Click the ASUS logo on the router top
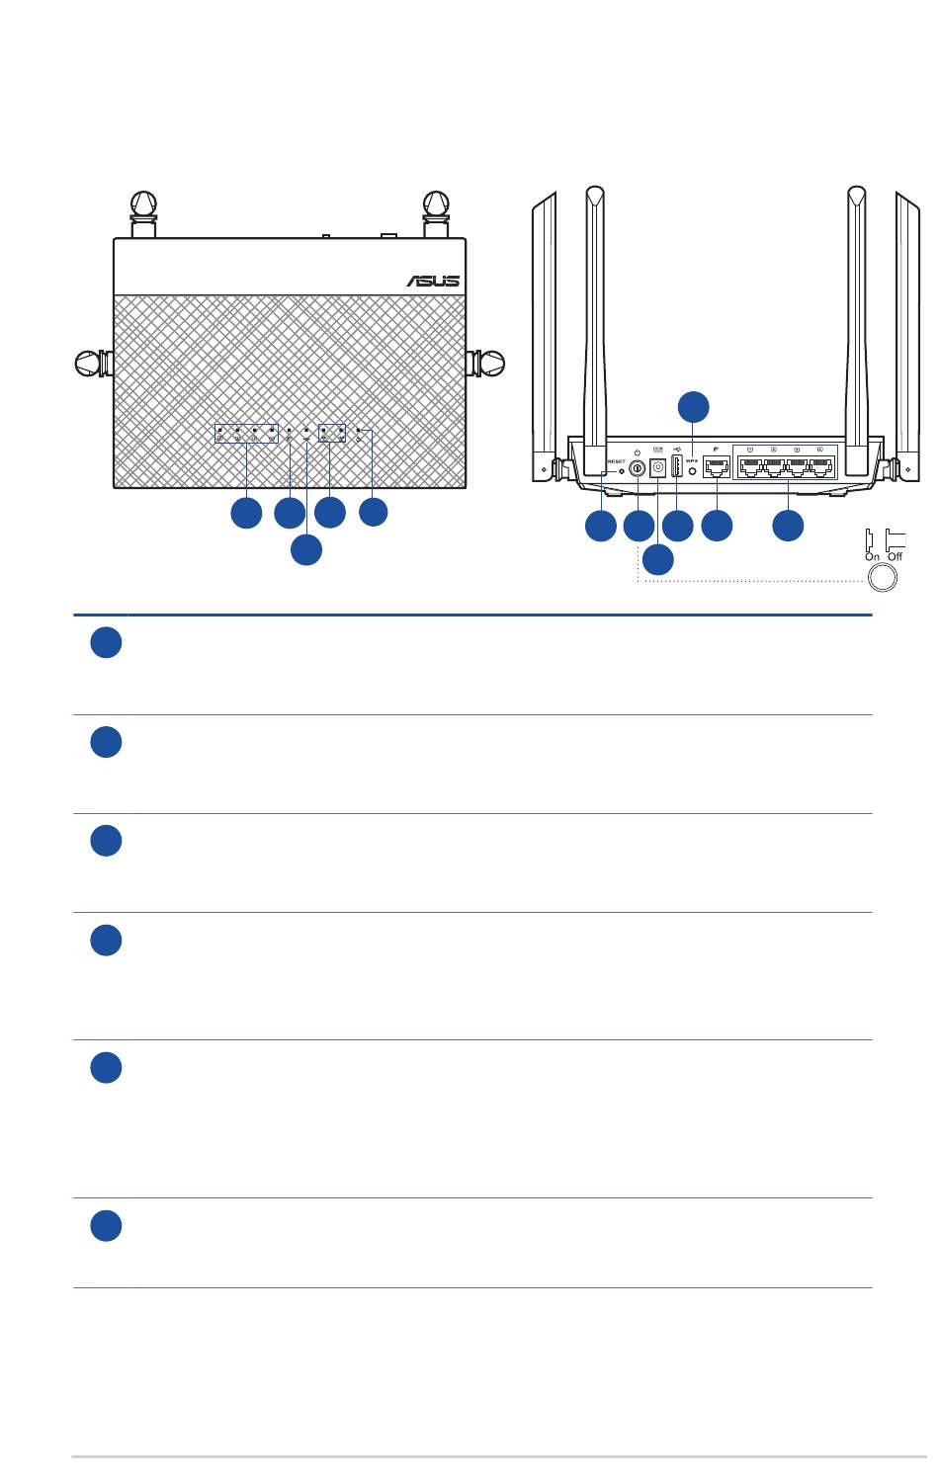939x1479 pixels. [433, 281]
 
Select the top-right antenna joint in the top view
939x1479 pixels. [436, 205]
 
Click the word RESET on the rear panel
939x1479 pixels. [616, 461]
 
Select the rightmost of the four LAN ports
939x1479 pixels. [821, 468]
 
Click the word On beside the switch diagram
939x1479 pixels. [872, 557]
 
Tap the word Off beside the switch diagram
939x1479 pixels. [896, 557]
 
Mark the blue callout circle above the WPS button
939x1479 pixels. [693, 406]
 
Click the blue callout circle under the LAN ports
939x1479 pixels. [788, 526]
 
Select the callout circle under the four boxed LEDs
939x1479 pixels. [246, 513]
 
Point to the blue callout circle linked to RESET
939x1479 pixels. [600, 526]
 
